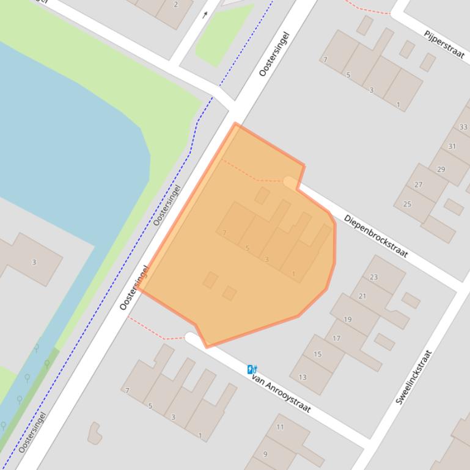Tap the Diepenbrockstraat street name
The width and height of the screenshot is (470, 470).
pos(375,236)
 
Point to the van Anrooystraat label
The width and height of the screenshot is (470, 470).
pos(281,394)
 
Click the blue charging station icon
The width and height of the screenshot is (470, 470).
pos(252,369)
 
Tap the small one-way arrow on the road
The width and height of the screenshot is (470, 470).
pos(205,15)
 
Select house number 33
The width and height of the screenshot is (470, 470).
pos(463,127)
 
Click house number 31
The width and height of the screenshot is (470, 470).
pos(452,146)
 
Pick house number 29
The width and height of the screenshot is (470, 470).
pos(441,169)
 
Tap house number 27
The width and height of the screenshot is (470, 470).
pos(418,184)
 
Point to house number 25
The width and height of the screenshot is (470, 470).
pos(407,204)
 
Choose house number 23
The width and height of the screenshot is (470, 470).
pos(373,277)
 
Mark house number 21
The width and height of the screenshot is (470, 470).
pos(362,296)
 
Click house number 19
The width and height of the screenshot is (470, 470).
pos(348,319)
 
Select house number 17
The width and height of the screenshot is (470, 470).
pos(336,338)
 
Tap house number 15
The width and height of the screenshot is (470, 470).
pos(317,354)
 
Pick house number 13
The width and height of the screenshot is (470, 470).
pos(303,377)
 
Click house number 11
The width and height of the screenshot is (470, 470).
pos(280,427)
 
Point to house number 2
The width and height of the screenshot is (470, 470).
pos(176,5)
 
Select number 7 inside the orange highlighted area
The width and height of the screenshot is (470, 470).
pos(225,233)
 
